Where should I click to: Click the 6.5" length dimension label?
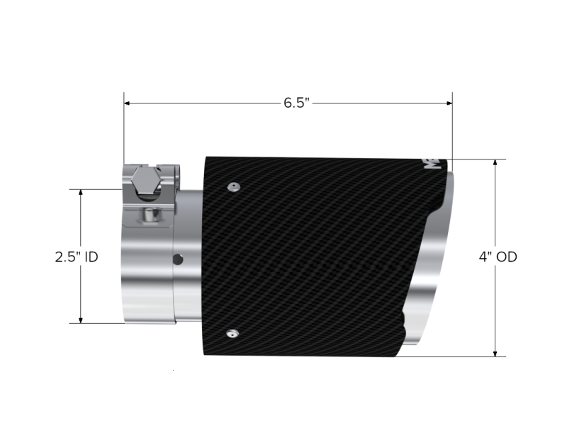[298, 103]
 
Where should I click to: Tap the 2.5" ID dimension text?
[76, 257]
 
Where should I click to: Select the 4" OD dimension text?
[497, 257]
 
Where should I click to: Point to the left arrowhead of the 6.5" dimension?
[128, 103]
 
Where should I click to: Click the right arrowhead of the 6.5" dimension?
[449, 103]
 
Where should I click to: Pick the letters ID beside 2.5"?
[91, 257]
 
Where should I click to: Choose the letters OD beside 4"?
[506, 257]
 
